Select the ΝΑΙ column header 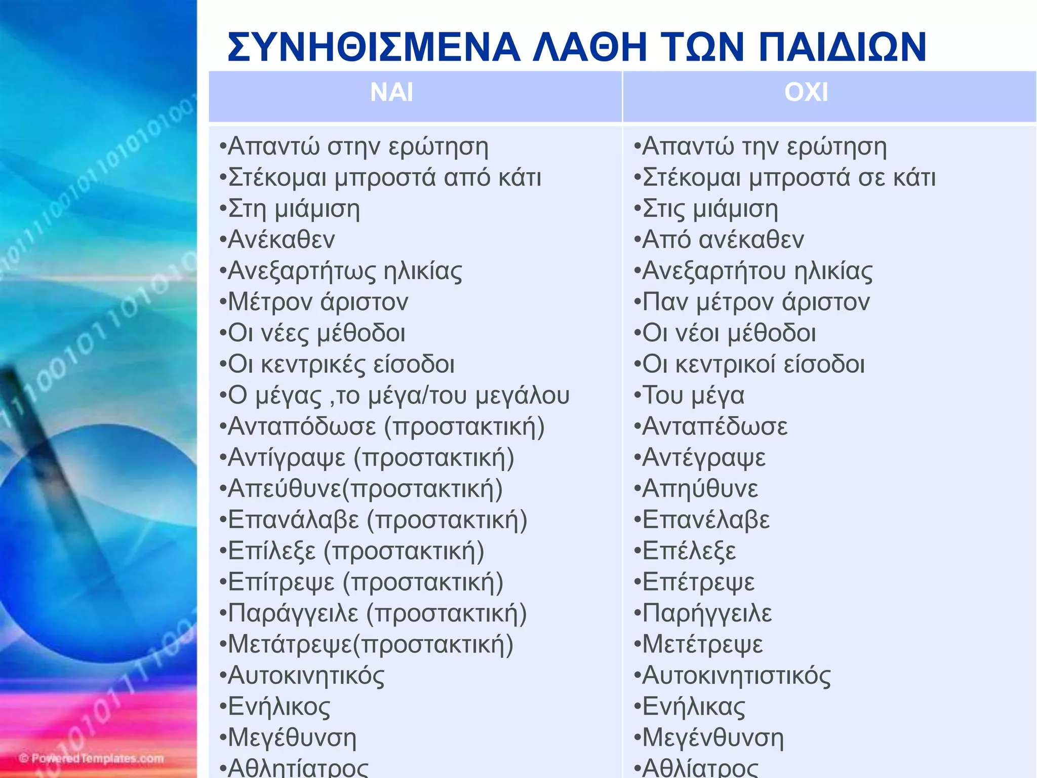point(391,93)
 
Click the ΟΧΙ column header point(806,93)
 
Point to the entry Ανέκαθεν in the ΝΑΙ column point(281,240)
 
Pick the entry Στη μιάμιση point(294,209)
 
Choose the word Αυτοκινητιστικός point(736,676)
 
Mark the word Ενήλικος point(279,707)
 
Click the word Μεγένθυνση point(713,738)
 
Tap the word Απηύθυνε point(700,489)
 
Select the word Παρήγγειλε point(707,613)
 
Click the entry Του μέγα point(693,396)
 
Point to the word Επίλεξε point(272,551)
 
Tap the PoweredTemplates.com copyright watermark point(92,758)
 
